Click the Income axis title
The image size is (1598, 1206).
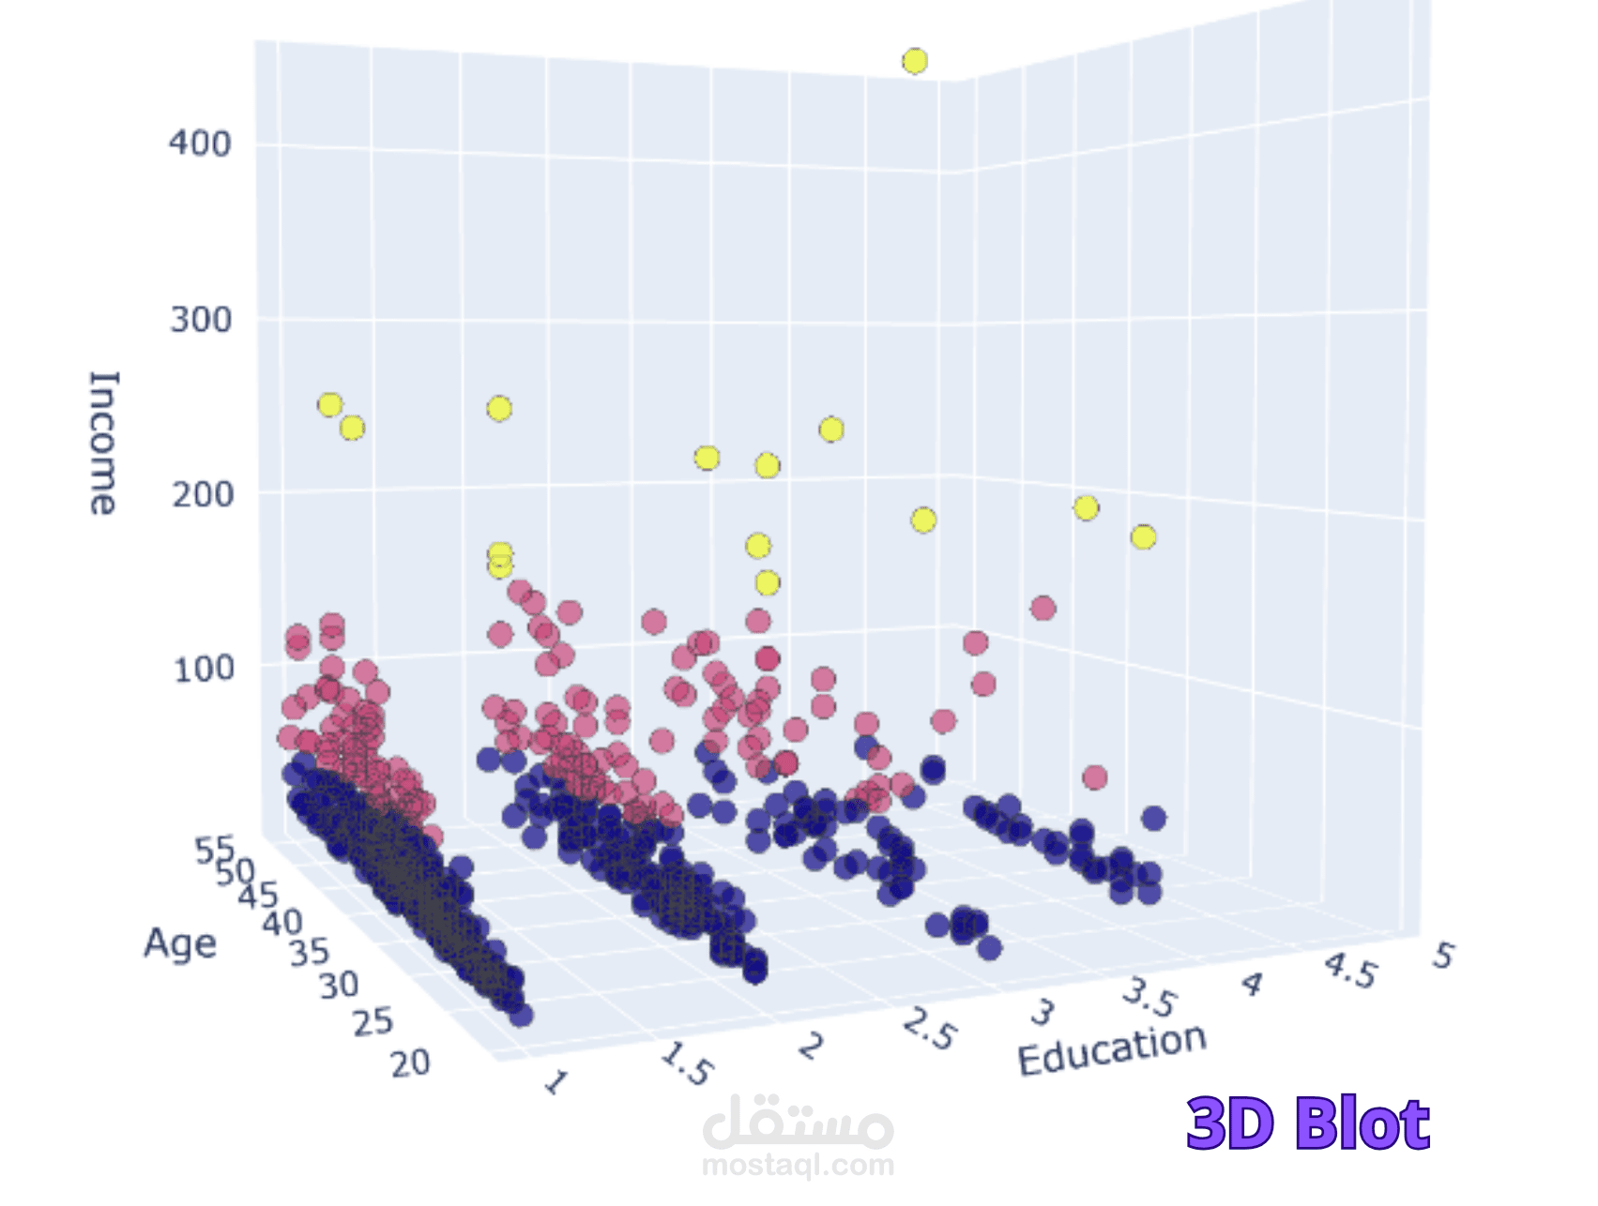103,443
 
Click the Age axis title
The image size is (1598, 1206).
179,943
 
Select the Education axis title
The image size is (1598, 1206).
1112,1049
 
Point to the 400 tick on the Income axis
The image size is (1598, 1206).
200,143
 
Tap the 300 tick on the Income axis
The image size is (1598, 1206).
201,320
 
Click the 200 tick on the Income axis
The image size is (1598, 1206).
202,494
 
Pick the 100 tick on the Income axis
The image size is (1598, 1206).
204,669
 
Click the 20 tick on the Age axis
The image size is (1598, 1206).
410,1063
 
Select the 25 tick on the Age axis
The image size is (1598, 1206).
373,1022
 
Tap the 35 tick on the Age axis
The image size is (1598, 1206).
309,953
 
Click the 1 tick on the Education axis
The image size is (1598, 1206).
555,1083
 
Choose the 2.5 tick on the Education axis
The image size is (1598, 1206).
929,1031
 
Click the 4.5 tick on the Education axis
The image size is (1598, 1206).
1350,971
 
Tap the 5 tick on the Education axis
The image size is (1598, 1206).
1442,956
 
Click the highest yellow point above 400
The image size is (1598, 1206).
915,62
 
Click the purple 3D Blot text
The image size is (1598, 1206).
1307,1123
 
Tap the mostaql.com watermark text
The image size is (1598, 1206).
798,1166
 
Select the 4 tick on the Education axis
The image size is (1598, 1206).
1252,985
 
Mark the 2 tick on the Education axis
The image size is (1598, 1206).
811,1046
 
